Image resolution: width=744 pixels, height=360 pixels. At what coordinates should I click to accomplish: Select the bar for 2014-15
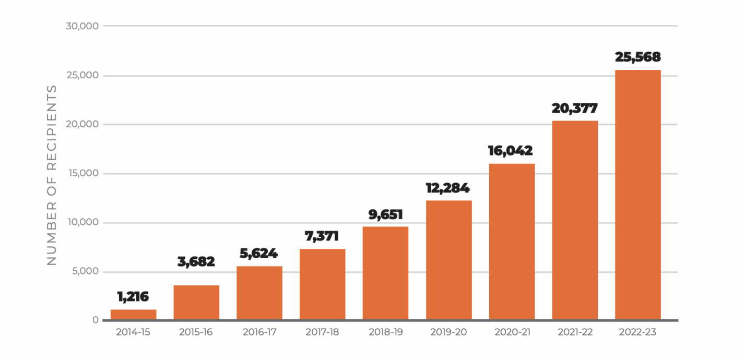[x=133, y=315]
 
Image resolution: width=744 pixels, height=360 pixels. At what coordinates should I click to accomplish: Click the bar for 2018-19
[x=385, y=273]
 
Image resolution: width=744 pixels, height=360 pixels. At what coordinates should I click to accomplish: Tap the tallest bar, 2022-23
[x=637, y=195]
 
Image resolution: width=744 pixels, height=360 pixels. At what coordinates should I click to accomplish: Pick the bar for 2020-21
[x=512, y=242]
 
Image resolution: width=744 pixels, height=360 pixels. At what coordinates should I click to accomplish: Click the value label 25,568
[x=637, y=57]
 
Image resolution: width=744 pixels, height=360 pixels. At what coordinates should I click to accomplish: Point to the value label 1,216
[x=133, y=297]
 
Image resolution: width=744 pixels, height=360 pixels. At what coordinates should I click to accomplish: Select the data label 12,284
[x=448, y=188]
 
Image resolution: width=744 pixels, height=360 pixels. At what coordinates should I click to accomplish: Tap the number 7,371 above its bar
[x=322, y=236]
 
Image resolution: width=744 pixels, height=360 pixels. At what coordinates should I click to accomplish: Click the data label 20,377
[x=575, y=108]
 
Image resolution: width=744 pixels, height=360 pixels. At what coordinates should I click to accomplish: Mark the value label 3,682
[x=196, y=261]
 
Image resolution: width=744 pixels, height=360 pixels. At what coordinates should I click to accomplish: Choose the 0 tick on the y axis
[x=95, y=320]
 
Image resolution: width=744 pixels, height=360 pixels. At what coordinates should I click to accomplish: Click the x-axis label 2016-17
[x=259, y=332]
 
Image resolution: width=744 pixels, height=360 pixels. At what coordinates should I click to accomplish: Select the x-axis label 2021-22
[x=575, y=332]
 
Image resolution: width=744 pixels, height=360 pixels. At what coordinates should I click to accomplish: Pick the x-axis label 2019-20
[x=448, y=332]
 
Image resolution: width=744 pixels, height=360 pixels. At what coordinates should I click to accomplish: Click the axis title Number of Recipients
[x=52, y=175]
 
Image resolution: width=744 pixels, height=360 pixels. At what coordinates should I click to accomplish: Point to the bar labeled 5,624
[x=259, y=293]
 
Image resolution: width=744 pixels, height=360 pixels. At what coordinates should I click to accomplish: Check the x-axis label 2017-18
[x=322, y=332]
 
